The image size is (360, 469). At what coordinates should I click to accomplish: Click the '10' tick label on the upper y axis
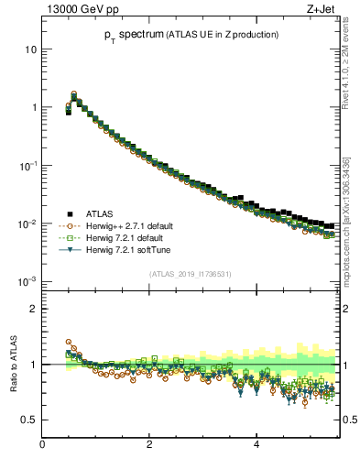pos(29,49)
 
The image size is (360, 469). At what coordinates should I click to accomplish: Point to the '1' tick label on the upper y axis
pos(33,107)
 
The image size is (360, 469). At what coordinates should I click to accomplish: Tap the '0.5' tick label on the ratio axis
pos(27,420)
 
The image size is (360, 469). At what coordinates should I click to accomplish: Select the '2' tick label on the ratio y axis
pos(33,309)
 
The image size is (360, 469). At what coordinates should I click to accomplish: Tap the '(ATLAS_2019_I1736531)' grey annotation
pos(189,274)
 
